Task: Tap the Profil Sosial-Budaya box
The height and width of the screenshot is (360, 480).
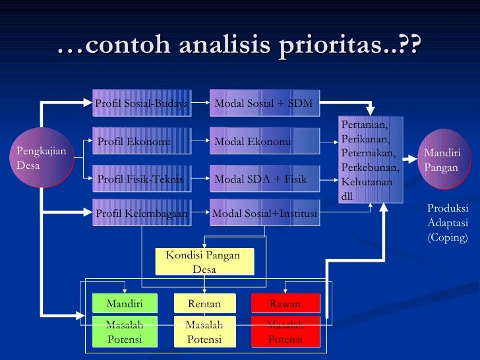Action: (x=140, y=103)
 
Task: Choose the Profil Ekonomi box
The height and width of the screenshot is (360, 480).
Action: (x=140, y=141)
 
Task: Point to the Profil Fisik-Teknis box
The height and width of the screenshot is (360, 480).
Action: (x=140, y=179)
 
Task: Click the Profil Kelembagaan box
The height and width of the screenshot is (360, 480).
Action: (x=140, y=213)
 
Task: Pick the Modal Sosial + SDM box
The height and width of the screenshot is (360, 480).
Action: (x=264, y=103)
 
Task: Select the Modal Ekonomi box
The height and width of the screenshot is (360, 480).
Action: (x=264, y=141)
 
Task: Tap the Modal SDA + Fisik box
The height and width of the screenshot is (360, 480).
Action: (x=264, y=179)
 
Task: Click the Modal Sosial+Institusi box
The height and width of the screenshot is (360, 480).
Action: (x=264, y=213)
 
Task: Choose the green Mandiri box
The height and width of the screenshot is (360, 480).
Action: (x=125, y=303)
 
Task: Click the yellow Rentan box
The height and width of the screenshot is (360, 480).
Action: (x=204, y=303)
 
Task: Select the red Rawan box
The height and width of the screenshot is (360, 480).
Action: (x=285, y=303)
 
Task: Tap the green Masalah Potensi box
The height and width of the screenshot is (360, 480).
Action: (x=125, y=332)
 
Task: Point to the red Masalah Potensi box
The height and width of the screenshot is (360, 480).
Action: (x=285, y=332)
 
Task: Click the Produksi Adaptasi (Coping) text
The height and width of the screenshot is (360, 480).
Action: (x=448, y=223)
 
